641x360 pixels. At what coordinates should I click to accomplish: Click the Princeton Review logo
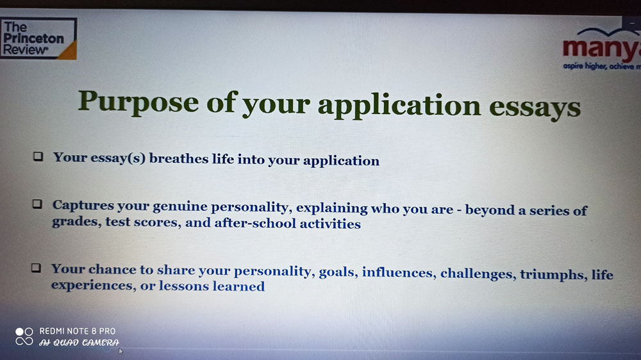pyautogui.click(x=38, y=38)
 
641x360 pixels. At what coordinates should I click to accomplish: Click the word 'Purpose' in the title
pyautogui.click(x=138, y=102)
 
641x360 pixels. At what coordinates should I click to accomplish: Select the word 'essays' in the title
pyautogui.click(x=535, y=107)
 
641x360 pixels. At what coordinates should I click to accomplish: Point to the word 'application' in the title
pyautogui.click(x=399, y=106)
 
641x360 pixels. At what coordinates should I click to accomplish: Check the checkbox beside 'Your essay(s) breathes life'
pyautogui.click(x=38, y=156)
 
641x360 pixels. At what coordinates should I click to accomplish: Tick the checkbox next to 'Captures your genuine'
pyautogui.click(x=37, y=204)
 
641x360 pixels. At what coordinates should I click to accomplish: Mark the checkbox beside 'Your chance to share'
pyautogui.click(x=36, y=268)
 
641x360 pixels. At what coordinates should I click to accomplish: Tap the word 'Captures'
pyautogui.click(x=83, y=206)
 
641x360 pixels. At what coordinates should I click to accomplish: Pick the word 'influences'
pyautogui.click(x=397, y=272)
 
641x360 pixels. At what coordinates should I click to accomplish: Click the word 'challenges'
pyautogui.click(x=476, y=274)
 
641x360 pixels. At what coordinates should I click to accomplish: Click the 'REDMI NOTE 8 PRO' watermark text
pyautogui.click(x=78, y=331)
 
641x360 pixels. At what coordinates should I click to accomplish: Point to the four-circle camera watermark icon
pyautogui.click(x=24, y=336)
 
